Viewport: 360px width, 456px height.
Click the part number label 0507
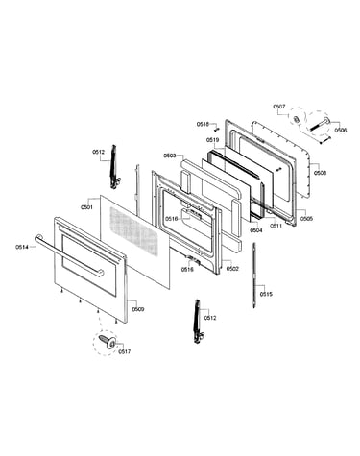click(279, 107)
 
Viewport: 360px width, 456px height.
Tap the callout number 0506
click(341, 131)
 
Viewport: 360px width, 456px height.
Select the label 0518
click(203, 124)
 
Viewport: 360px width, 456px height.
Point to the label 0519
click(212, 140)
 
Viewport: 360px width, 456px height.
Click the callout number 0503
click(170, 156)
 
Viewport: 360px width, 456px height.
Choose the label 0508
click(320, 173)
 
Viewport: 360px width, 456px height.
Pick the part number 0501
click(86, 207)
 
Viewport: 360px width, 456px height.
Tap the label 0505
click(306, 219)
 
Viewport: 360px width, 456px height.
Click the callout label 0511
click(276, 226)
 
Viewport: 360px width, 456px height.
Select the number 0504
click(256, 230)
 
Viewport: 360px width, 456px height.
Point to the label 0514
click(22, 247)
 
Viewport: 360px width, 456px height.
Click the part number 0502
click(232, 269)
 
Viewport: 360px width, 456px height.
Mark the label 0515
click(266, 294)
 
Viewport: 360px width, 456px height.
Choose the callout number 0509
click(138, 309)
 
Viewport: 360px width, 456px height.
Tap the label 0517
click(124, 351)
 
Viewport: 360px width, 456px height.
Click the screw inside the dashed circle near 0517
click(108, 341)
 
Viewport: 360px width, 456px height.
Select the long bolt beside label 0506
click(320, 125)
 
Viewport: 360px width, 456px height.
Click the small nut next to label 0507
click(297, 118)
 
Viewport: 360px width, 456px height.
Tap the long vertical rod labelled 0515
click(254, 276)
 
